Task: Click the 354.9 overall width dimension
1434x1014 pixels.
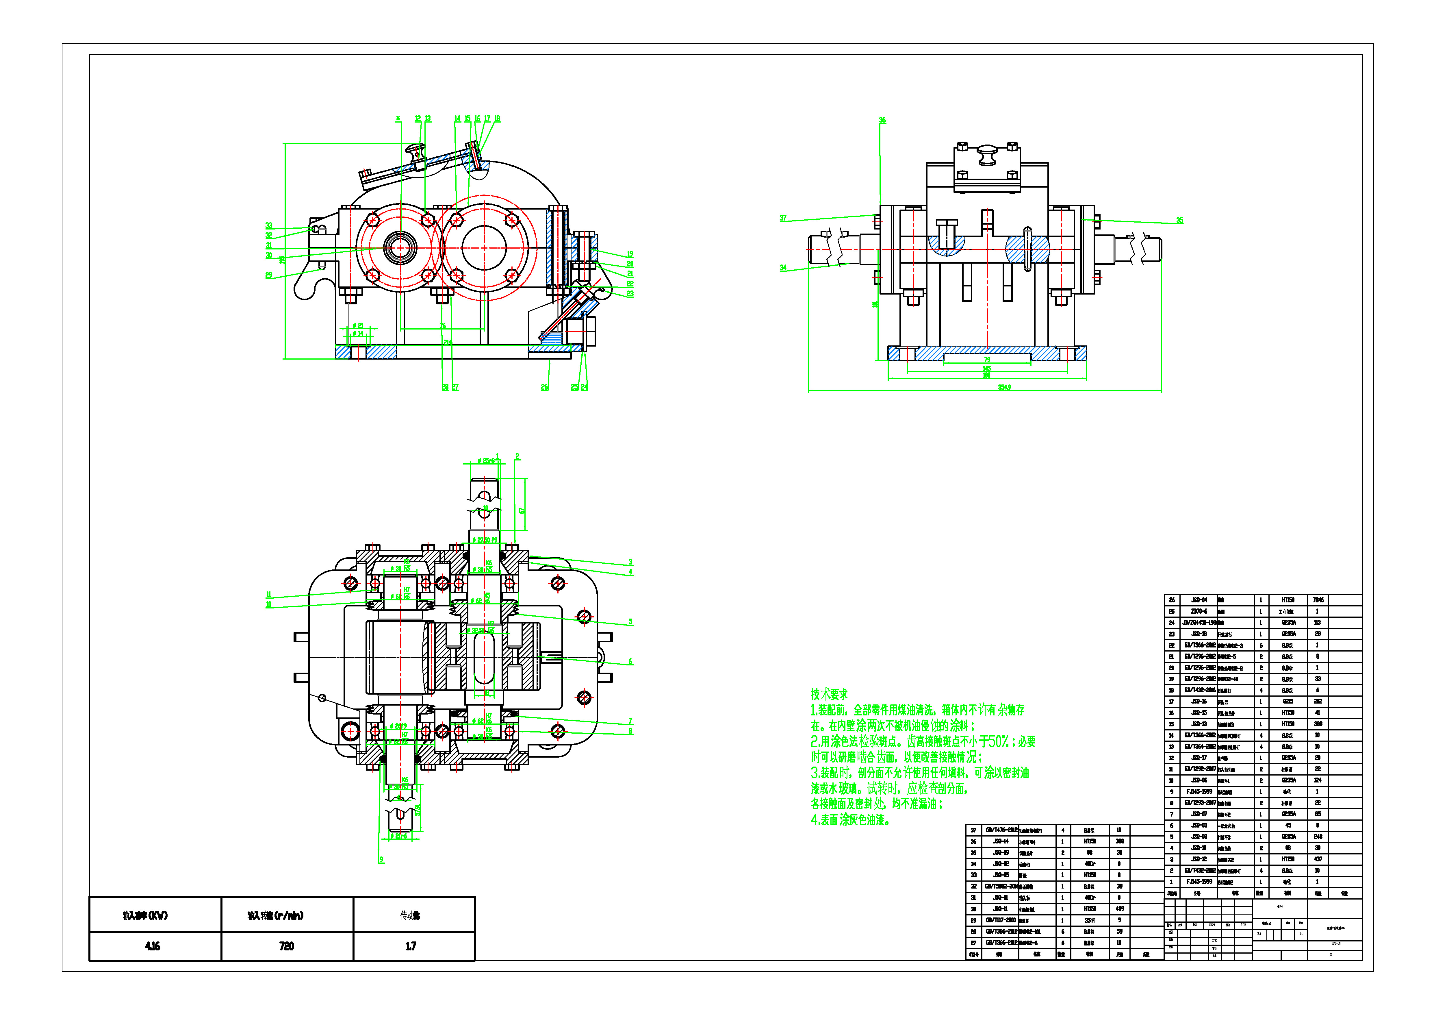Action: [1004, 387]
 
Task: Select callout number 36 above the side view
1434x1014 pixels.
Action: [882, 120]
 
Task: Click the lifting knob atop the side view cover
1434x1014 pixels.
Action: [987, 154]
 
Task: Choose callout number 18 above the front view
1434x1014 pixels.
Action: [497, 119]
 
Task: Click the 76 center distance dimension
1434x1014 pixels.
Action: [442, 326]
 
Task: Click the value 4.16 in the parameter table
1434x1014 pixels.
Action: [152, 946]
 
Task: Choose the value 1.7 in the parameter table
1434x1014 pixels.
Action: [410, 946]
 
